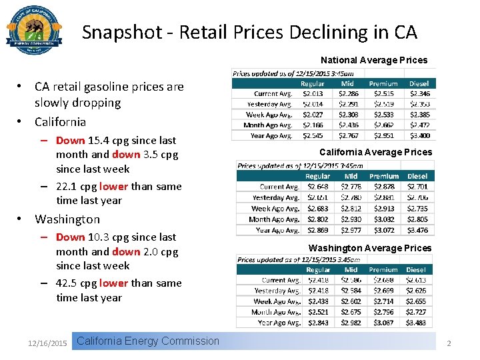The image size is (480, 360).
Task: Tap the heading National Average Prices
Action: pos(374,60)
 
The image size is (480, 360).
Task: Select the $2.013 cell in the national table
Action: pos(313,94)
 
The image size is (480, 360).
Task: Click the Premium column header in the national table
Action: pos(383,84)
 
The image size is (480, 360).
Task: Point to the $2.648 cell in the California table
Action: pos(317,187)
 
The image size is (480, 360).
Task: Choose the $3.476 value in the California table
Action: pos(418,230)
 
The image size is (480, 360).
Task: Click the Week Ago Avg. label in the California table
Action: pos(273,209)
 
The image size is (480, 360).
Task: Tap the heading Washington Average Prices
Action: pos(370,248)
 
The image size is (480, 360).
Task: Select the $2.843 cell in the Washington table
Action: pos(317,323)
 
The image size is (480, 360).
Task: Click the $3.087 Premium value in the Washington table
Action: pos(383,323)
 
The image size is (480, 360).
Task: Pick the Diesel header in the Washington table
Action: pos(418,270)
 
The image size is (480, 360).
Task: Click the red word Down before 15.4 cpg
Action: pos(70,141)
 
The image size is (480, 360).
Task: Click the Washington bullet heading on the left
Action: pos(67,219)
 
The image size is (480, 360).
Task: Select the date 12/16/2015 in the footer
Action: pos(47,343)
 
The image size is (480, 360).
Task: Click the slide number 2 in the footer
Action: pos(449,343)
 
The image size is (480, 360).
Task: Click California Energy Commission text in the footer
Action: pos(148,341)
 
